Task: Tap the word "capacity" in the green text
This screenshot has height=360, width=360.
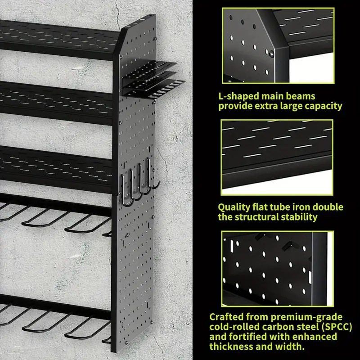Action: [x=323, y=106]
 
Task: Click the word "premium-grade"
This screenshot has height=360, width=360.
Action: [x=306, y=317]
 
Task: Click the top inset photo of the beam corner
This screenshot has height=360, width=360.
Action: [x=278, y=45]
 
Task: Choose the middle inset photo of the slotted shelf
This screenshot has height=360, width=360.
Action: [x=277, y=157]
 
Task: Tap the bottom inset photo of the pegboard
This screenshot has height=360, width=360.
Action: [x=277, y=269]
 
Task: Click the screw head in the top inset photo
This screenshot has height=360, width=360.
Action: [x=272, y=54]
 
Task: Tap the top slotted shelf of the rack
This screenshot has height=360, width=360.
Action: [x=58, y=39]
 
